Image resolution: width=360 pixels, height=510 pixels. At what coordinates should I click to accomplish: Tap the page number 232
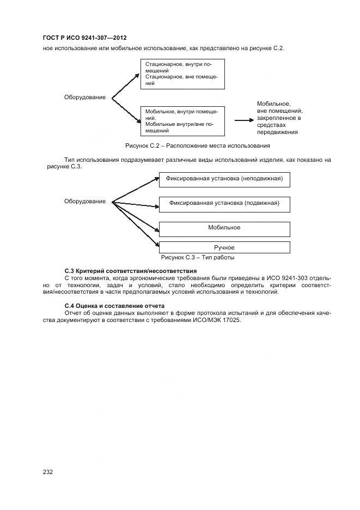point(47,472)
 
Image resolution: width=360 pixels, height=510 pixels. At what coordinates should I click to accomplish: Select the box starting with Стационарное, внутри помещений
point(182,74)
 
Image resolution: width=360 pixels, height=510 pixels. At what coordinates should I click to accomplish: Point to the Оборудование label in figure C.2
point(85,98)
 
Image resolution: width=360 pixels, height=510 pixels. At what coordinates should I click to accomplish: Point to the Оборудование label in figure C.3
point(85,202)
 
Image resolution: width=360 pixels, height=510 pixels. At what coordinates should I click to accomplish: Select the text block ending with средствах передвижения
point(279,118)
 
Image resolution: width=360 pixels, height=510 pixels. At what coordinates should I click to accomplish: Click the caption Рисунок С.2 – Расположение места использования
point(197,146)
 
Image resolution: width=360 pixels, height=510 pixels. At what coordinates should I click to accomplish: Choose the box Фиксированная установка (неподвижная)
point(224,179)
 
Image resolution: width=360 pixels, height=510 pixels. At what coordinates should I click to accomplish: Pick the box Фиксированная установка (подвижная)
point(224,204)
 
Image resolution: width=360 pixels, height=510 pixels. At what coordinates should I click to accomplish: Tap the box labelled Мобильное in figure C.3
point(224,228)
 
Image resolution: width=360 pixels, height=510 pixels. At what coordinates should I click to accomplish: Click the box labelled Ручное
point(224,248)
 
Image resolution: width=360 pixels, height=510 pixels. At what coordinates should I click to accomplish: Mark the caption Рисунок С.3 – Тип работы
point(198,258)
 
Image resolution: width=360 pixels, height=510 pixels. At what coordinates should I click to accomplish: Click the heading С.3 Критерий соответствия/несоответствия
point(130,271)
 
